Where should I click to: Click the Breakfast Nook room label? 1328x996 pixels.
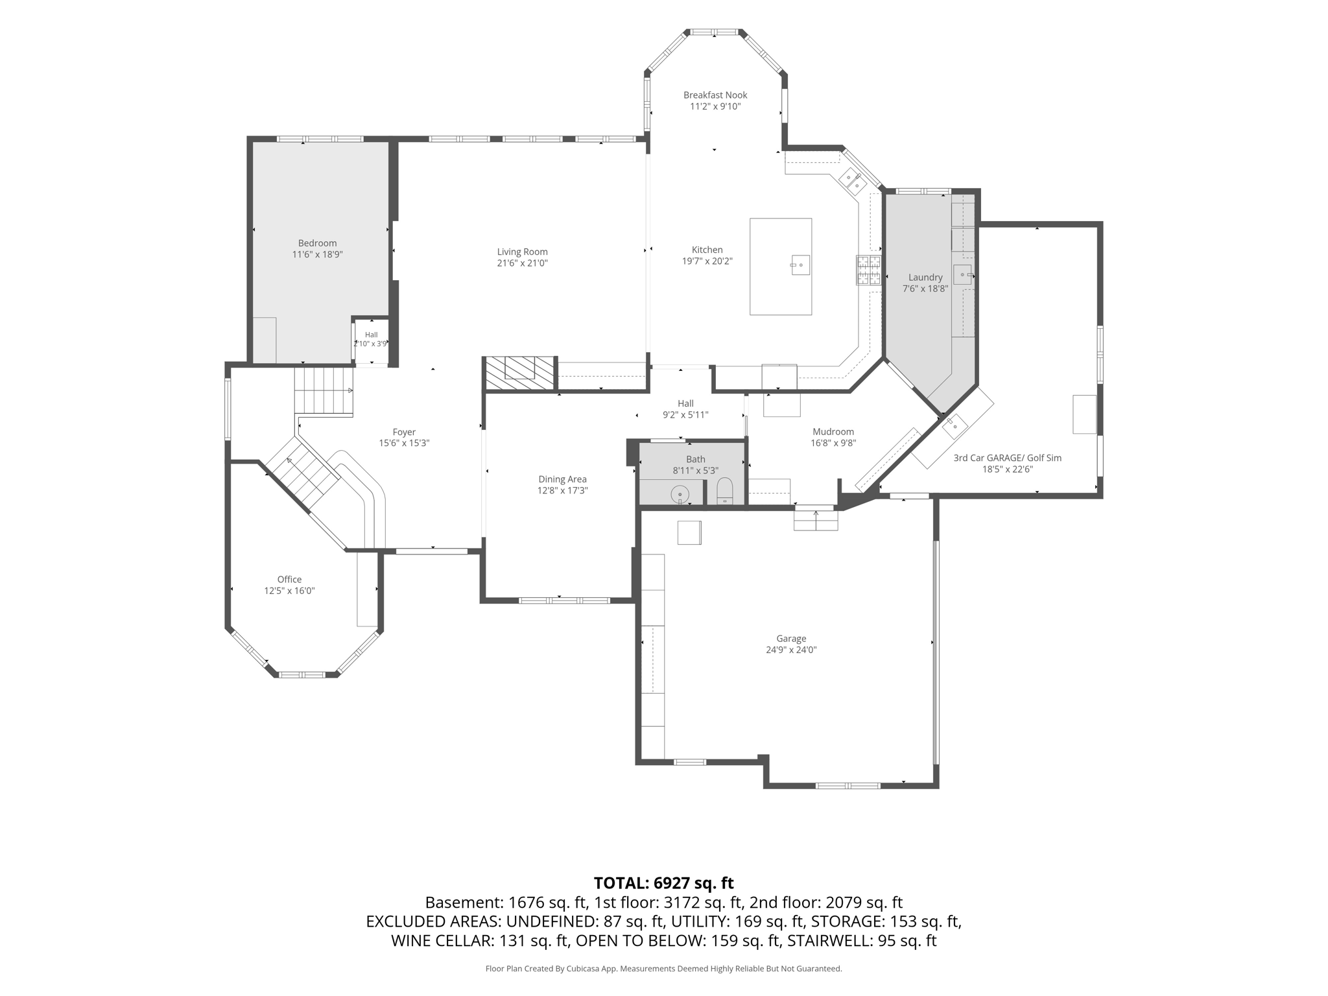715,95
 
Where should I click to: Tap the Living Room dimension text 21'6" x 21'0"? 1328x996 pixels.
523,263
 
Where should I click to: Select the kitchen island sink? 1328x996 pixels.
800,265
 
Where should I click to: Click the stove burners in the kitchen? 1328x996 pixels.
869,270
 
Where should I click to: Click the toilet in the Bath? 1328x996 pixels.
724,492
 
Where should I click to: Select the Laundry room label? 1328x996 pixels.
925,278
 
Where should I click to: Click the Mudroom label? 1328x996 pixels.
833,432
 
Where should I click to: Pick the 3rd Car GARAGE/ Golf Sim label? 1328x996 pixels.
1008,458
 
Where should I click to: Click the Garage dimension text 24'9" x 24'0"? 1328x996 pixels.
791,650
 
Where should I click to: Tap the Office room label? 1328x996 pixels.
289,580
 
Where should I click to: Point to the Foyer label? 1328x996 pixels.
404,433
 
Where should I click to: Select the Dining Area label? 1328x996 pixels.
562,480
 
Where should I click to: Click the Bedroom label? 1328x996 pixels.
318,244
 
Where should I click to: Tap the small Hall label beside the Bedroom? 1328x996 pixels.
371,335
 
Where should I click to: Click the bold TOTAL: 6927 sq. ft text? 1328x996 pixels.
664,883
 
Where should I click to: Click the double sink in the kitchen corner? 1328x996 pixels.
853,181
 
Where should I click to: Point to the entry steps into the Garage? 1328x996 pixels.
816,520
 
